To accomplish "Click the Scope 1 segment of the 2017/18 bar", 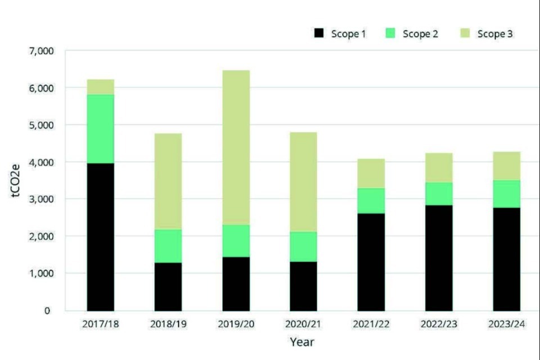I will click(x=100, y=236).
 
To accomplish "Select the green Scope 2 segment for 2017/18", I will click(x=100, y=129).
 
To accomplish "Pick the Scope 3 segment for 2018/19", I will click(x=168, y=181).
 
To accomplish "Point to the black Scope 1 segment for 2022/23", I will click(x=439, y=258).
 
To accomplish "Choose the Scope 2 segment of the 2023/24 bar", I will click(x=506, y=193).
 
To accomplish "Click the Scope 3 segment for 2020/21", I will click(x=303, y=182).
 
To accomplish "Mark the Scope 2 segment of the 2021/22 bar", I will click(x=371, y=201).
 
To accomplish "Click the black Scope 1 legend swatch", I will click(x=319, y=34).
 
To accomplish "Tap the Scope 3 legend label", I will click(x=495, y=34).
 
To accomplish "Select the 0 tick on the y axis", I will click(x=47, y=310).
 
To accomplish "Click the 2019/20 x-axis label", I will click(x=236, y=325).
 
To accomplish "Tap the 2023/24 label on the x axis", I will click(x=506, y=325).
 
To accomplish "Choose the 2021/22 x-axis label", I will click(x=371, y=325).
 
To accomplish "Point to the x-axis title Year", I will click(x=302, y=341).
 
